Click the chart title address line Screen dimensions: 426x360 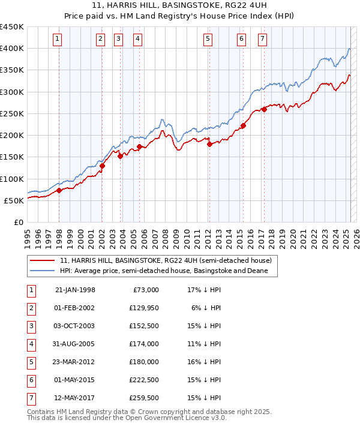[x=179, y=5]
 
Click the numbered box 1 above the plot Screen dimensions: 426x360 [x=57, y=40]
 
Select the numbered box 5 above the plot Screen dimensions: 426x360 [x=207, y=40]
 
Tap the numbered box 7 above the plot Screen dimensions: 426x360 [x=263, y=40]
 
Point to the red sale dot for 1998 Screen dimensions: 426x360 [x=59, y=191]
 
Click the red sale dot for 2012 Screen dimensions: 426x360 [x=209, y=144]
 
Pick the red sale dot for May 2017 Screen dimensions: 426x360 [x=264, y=109]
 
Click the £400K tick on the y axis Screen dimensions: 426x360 [x=12, y=49]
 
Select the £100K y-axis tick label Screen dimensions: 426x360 [x=12, y=179]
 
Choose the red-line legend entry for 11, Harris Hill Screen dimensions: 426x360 [x=166, y=260]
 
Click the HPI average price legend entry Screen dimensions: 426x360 [x=167, y=271]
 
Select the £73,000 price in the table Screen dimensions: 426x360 [x=146, y=290]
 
